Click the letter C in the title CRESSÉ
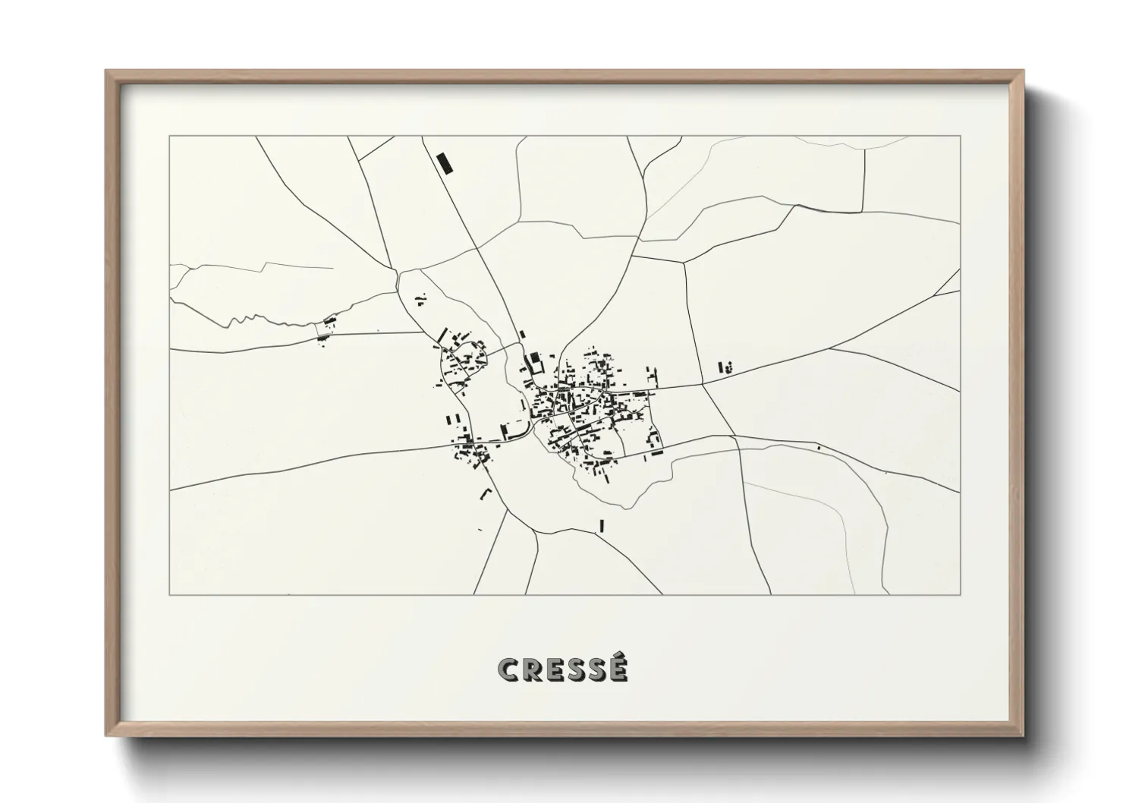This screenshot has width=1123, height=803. coord(508,669)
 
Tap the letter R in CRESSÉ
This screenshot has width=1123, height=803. coord(533,669)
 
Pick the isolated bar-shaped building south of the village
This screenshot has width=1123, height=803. coord(602,525)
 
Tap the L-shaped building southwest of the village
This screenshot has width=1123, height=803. coord(486,494)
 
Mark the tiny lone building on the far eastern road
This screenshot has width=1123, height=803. coord(819,448)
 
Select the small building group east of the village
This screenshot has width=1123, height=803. coord(725,368)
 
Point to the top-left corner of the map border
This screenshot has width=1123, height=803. coord(169,136)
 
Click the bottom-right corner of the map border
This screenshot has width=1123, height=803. coord(961,595)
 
